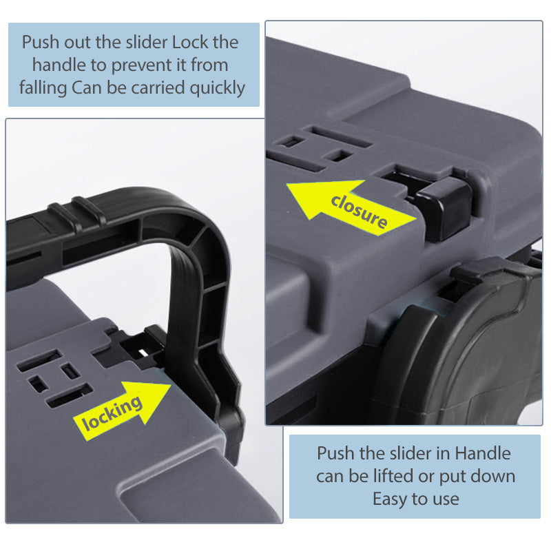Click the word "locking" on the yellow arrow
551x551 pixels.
point(112,413)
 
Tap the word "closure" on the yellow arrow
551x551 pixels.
point(359,211)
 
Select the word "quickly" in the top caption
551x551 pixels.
point(217,88)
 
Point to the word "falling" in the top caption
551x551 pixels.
point(43,88)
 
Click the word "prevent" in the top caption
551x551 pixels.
point(148,65)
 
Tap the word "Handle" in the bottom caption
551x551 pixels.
point(483,453)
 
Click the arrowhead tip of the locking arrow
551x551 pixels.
point(171,385)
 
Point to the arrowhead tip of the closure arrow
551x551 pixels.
point(287,184)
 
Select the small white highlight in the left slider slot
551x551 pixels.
point(143,351)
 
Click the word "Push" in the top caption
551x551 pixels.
point(41,43)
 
